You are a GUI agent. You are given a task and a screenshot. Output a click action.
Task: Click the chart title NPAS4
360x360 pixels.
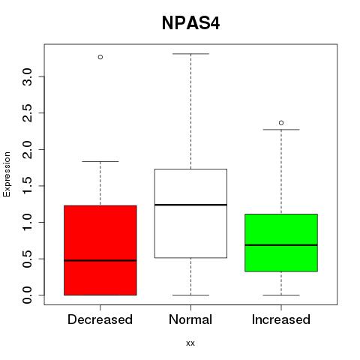point(190,23)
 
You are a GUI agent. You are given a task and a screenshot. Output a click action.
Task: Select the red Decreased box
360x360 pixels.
point(100,250)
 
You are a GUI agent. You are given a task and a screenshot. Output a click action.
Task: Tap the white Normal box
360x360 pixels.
point(190,213)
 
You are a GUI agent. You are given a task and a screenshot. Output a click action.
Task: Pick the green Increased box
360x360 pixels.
point(281,243)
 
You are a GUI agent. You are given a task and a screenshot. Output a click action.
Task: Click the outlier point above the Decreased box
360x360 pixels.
point(100,57)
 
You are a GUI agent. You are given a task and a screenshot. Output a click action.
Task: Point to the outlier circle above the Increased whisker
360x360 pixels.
point(281,123)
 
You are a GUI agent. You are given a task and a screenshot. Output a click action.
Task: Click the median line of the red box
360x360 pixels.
point(100,260)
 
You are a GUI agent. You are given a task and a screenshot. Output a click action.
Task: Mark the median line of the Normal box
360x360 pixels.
point(190,205)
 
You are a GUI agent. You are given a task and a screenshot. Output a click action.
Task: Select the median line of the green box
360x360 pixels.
point(281,245)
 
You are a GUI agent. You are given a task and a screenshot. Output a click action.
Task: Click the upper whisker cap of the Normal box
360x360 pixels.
point(190,54)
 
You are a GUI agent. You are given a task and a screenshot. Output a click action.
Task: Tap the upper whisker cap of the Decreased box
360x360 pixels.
point(100,161)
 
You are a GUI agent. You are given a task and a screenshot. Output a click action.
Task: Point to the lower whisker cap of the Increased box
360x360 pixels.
point(281,295)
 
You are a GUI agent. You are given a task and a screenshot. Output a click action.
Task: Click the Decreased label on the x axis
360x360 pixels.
point(100,319)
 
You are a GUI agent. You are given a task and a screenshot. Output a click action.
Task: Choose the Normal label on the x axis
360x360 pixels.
point(190,319)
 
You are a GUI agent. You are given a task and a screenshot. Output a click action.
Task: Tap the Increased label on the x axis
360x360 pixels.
point(281,319)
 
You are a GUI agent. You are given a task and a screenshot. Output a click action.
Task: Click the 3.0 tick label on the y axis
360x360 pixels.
point(27,76)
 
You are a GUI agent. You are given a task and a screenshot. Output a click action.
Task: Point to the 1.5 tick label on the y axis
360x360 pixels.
point(27,186)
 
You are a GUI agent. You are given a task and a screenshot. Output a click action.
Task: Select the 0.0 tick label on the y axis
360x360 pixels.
point(27,295)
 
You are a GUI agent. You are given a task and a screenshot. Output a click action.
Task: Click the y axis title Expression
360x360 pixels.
point(7,174)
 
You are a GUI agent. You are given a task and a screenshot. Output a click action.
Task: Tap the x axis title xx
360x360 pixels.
point(190,343)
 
